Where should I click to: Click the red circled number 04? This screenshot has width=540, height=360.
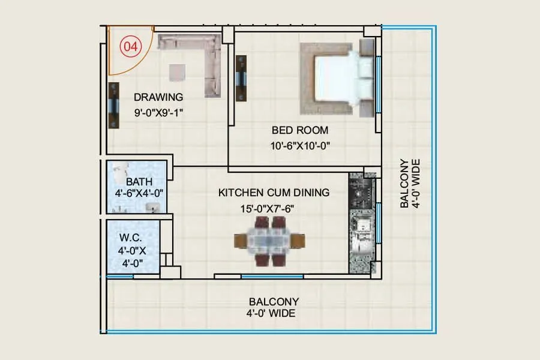coord(130,46)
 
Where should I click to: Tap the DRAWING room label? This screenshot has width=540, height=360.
coord(158,97)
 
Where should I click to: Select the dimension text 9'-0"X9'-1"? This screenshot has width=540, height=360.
coord(158,111)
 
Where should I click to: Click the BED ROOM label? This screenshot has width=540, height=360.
coord(300,130)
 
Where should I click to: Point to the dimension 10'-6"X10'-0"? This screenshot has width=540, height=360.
coord(300,145)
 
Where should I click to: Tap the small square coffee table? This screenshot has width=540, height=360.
coord(177,72)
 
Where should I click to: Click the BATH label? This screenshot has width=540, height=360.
coord(139,181)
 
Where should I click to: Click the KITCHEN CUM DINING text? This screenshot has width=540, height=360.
coord(274,193)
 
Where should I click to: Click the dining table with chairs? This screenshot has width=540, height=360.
coord(269,240)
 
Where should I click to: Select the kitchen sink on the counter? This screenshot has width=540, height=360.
coord(362,228)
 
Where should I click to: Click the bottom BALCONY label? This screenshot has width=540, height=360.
coord(274,302)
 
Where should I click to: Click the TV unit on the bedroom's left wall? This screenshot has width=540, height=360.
coord(242,79)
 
